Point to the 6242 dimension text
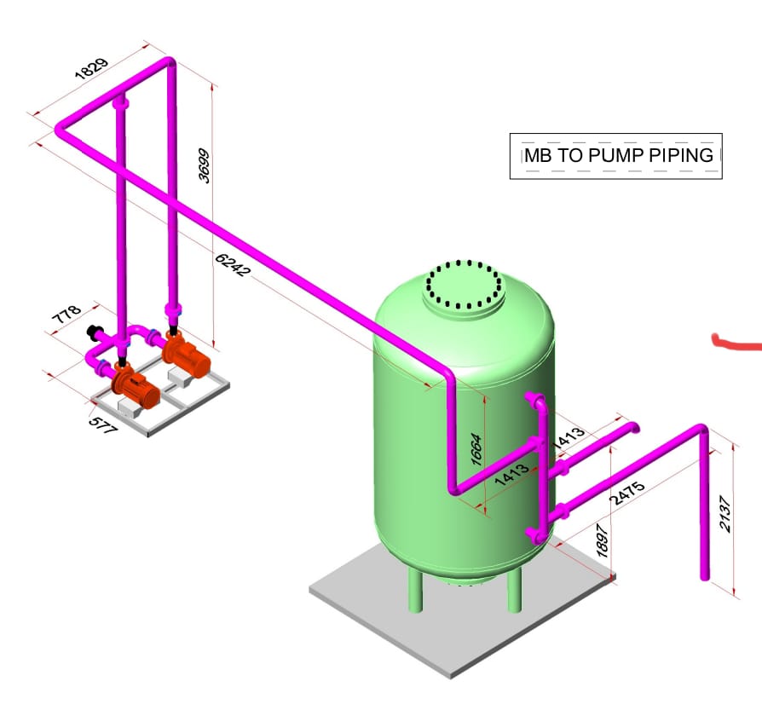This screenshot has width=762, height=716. point(233,265)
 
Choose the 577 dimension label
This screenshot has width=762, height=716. point(103,424)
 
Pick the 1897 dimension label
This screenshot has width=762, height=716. point(603,541)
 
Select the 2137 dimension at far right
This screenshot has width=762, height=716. point(724,514)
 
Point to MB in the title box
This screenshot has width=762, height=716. point(537,155)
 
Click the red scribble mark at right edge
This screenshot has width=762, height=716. point(736,344)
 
